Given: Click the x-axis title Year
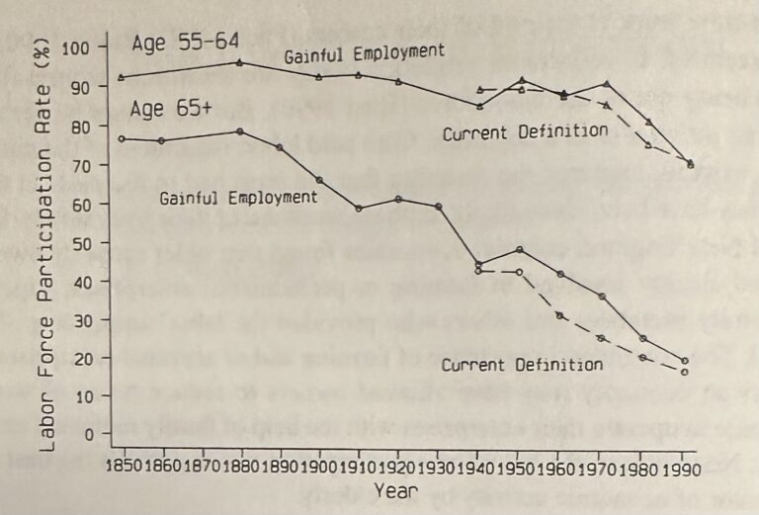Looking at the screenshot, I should tap(395, 490).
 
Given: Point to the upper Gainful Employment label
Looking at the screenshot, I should tap(365, 53).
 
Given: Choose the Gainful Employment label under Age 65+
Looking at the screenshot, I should tap(238, 198).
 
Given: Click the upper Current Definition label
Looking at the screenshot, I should tap(525, 131).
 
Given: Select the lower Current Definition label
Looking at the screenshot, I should tap(522, 365).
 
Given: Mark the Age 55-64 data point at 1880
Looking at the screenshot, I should tap(240, 62).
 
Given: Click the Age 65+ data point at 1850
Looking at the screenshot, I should tap(122, 138).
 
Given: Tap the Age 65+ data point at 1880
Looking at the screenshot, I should tap(240, 131).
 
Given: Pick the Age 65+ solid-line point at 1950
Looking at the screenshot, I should tap(520, 249).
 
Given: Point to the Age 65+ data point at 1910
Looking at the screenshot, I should tap(359, 209).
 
